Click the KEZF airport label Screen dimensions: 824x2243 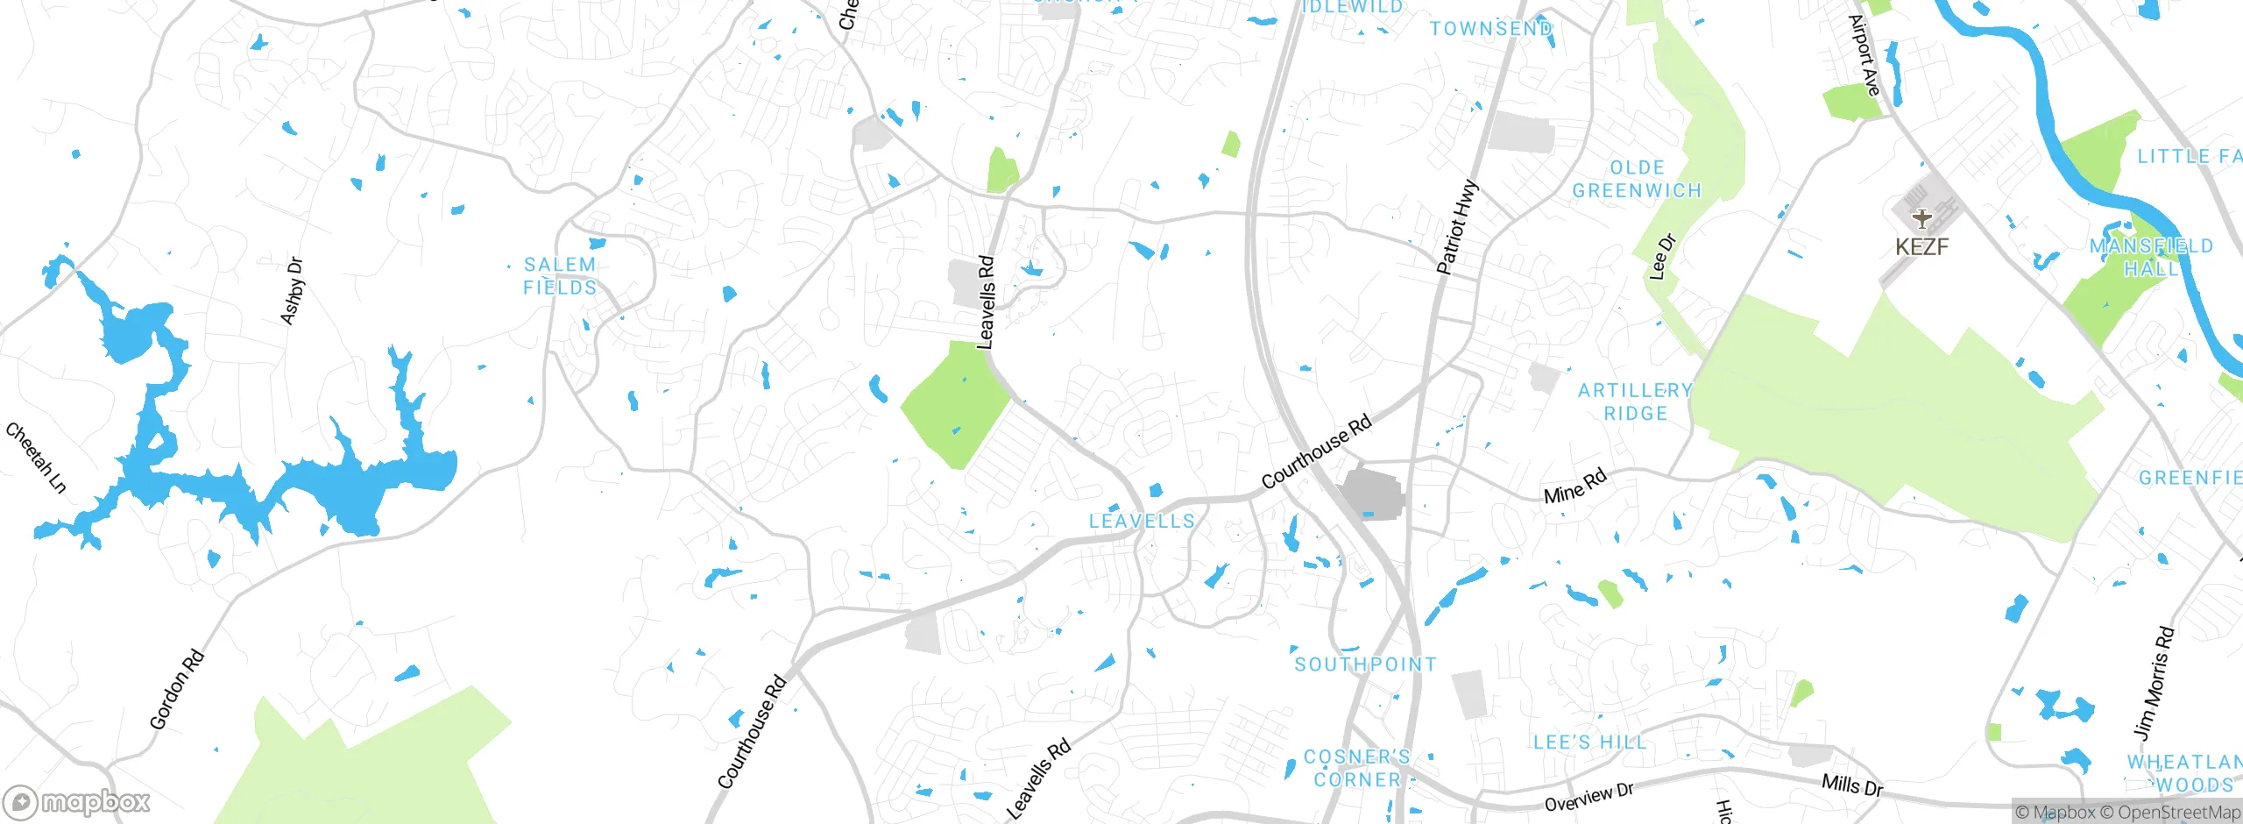pyautogui.click(x=1921, y=247)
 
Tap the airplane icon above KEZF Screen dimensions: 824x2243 pyautogui.click(x=1921, y=218)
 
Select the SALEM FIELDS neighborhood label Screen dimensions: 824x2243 pyautogui.click(x=560, y=276)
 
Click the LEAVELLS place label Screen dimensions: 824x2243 pyautogui.click(x=1142, y=522)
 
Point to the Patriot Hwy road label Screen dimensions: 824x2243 pyautogui.click(x=1458, y=227)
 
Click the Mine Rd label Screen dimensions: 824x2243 pyautogui.click(x=1575, y=486)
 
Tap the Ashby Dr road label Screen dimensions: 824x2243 pyautogui.click(x=292, y=291)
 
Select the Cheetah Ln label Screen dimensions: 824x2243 pyautogui.click(x=36, y=458)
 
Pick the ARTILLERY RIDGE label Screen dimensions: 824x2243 pyautogui.click(x=1635, y=401)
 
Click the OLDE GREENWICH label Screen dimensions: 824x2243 pyautogui.click(x=1637, y=179)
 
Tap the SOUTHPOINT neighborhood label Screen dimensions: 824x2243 pyautogui.click(x=1365, y=664)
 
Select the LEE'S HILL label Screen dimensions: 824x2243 pyautogui.click(x=1589, y=742)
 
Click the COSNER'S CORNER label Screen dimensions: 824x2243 pyautogui.click(x=1357, y=768)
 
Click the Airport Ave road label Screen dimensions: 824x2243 pyautogui.click(x=1864, y=55)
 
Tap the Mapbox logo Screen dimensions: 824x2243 pyautogui.click(x=77, y=802)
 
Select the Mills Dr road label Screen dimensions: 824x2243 pyautogui.click(x=1851, y=785)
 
